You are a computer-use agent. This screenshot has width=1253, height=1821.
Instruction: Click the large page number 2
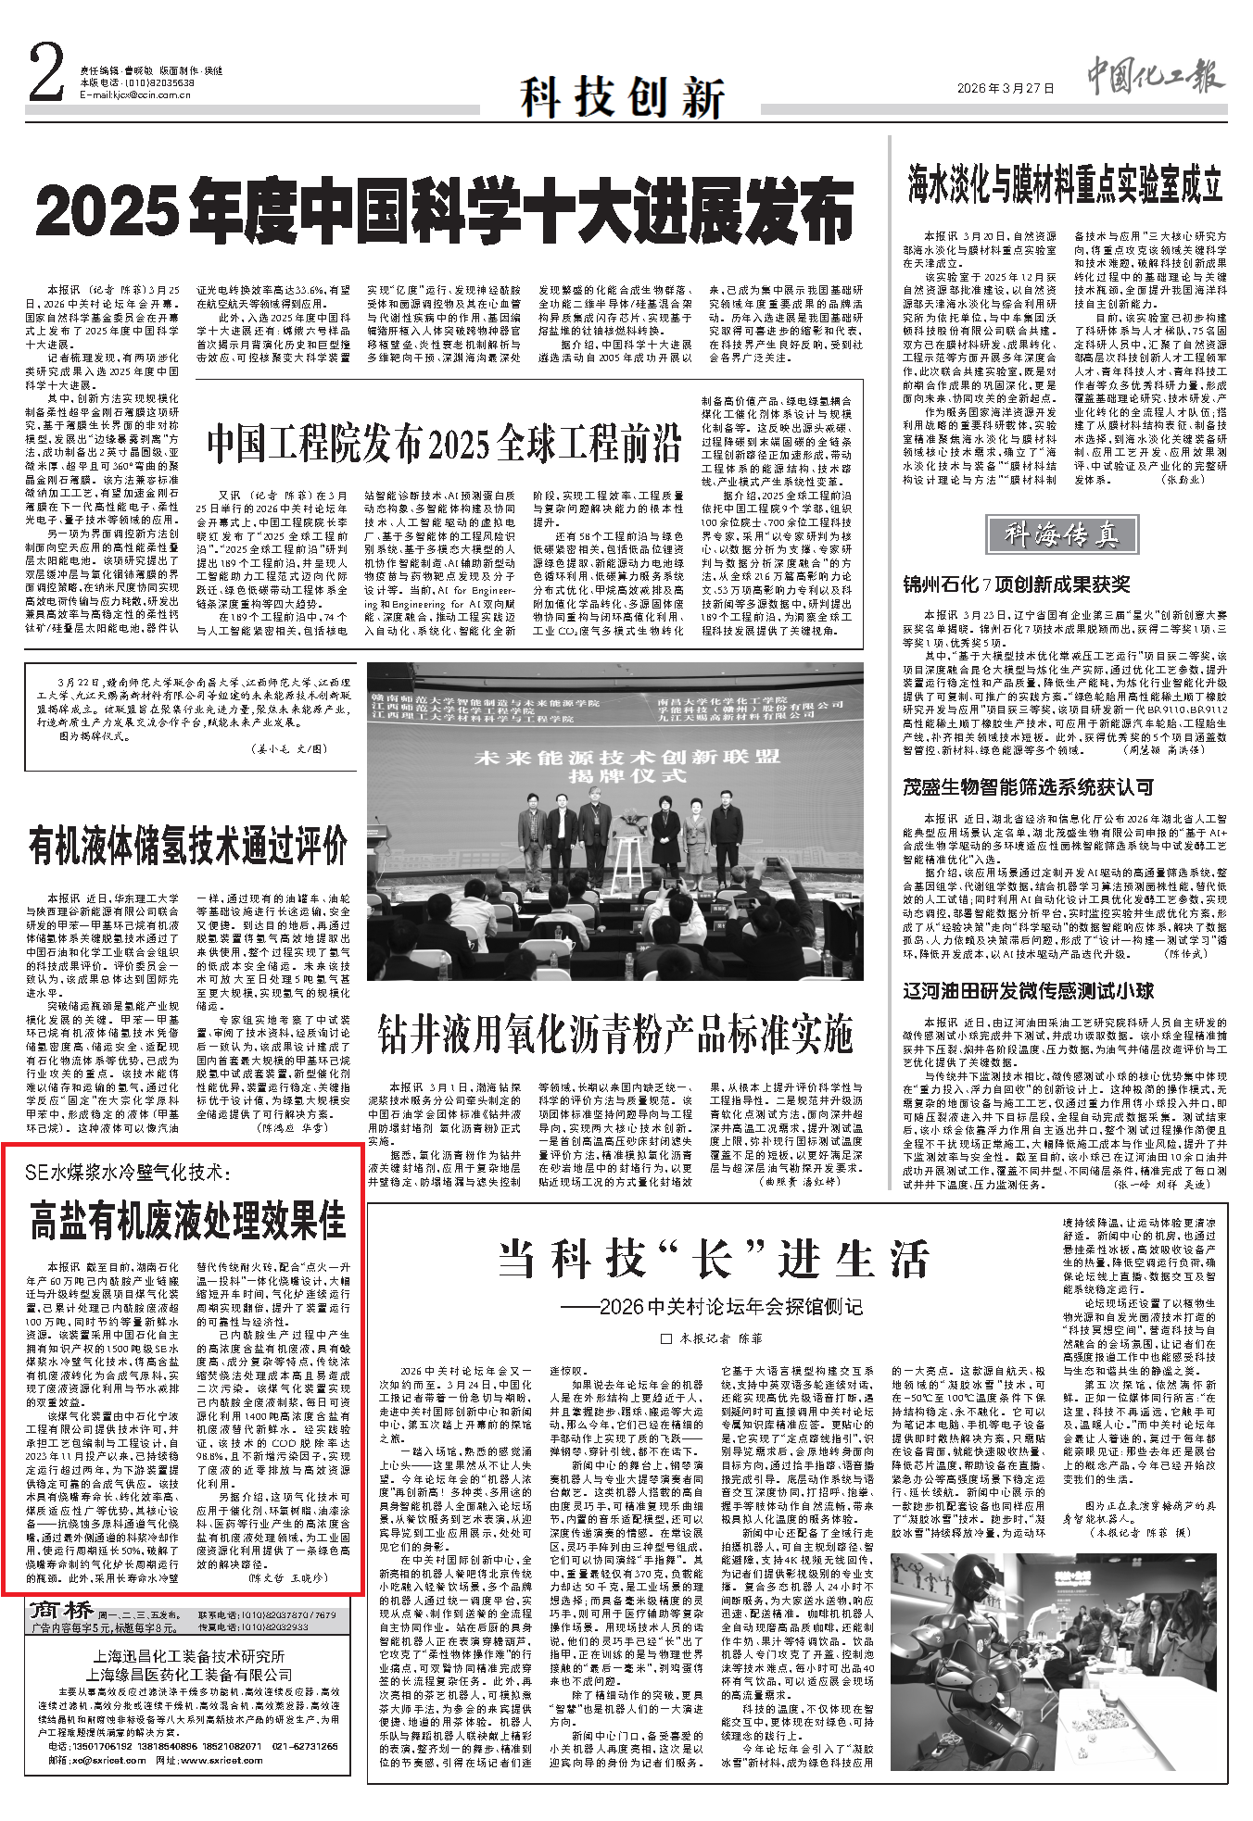[47, 73]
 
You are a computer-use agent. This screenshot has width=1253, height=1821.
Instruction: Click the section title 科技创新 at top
[622, 95]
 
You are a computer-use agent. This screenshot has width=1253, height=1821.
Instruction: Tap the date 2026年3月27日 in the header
[1006, 89]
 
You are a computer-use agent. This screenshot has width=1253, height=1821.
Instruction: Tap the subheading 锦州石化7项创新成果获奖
[1016, 584]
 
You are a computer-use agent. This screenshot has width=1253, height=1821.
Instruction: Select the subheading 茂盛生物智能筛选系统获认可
[1028, 787]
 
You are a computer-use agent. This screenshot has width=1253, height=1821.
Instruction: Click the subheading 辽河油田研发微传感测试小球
[1028, 991]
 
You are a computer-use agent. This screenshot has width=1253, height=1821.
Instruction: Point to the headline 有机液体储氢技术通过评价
[188, 846]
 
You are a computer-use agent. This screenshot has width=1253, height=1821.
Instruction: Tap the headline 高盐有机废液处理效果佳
[188, 1219]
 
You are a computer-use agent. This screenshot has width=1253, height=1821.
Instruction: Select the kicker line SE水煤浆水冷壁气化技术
[127, 1173]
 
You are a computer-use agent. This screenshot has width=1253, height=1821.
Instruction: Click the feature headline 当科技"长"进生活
[713, 1260]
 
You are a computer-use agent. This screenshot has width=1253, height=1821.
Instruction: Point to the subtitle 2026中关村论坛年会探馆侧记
[712, 1307]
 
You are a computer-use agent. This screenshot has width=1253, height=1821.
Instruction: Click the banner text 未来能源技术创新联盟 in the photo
[626, 757]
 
